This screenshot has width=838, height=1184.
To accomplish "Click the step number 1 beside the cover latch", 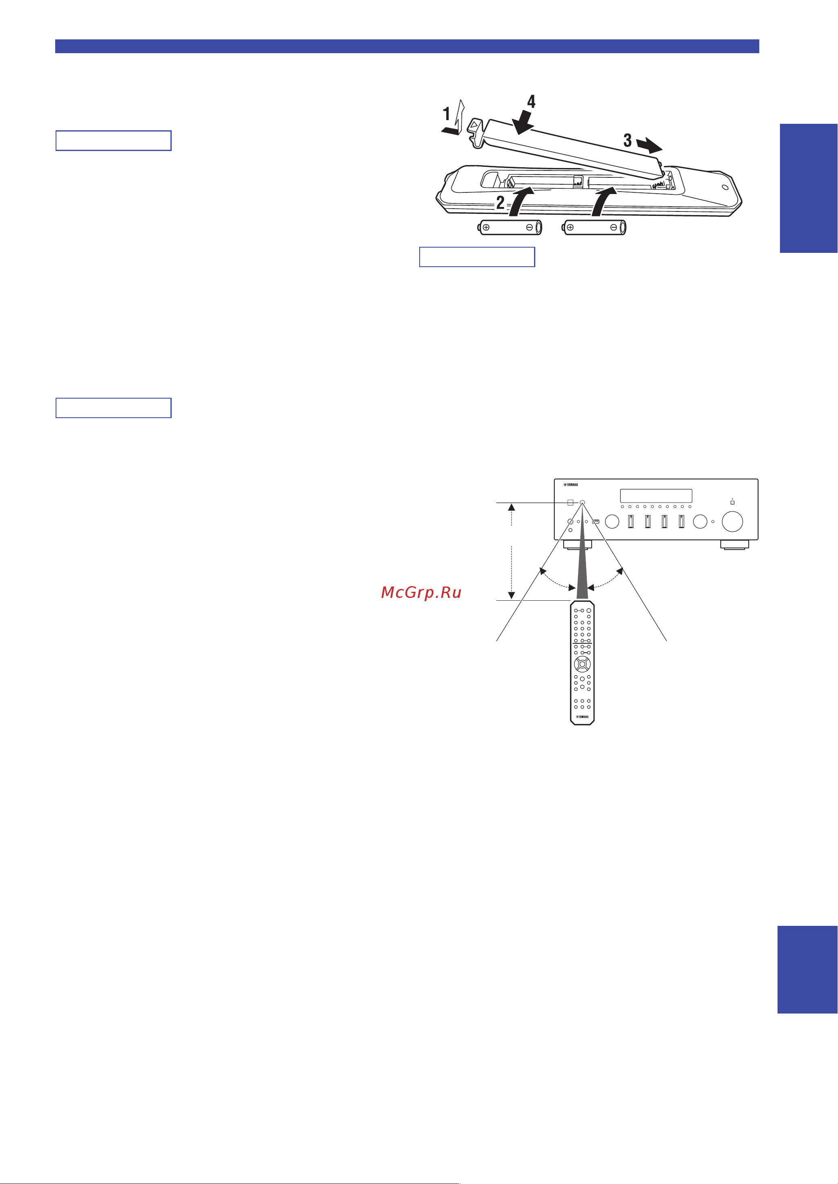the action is [447, 114].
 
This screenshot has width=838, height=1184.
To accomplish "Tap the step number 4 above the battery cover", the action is [531, 102].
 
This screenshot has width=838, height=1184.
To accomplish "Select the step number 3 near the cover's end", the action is [627, 140].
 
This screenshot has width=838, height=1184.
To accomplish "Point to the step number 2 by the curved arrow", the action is [500, 202].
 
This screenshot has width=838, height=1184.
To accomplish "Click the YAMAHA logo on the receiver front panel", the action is [571, 485].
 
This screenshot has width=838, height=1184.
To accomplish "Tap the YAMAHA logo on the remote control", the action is [582, 717].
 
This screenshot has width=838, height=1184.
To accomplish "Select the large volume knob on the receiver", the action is [732, 521].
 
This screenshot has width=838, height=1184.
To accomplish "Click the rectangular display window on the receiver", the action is [656, 496].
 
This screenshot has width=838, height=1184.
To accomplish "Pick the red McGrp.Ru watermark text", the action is [421, 593].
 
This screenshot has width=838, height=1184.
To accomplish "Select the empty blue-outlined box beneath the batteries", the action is [477, 257].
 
